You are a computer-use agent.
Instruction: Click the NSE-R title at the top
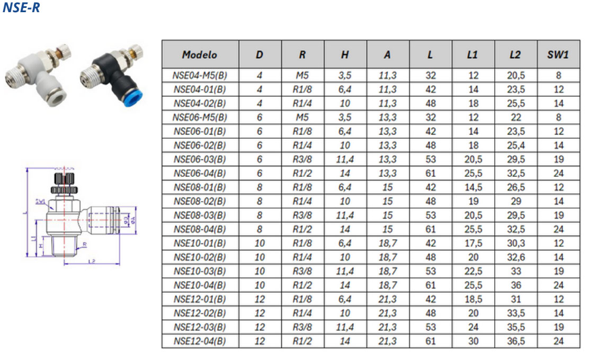[x=21, y=8]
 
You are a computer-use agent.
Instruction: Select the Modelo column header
[x=200, y=55]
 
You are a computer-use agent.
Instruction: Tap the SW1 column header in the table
[x=558, y=55]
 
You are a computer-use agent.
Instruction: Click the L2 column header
[x=515, y=55]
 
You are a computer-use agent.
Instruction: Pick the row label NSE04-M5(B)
[x=200, y=75]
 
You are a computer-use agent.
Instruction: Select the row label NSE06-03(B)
[x=200, y=159]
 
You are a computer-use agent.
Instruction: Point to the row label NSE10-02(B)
[x=200, y=257]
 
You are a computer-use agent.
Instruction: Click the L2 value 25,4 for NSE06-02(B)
[x=515, y=145]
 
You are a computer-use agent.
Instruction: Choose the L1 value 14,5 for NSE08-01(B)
[x=473, y=187]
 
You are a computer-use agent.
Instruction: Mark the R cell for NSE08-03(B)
[x=302, y=215]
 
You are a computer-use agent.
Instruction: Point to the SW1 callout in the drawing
[x=40, y=201]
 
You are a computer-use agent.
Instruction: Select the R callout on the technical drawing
[x=84, y=244]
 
